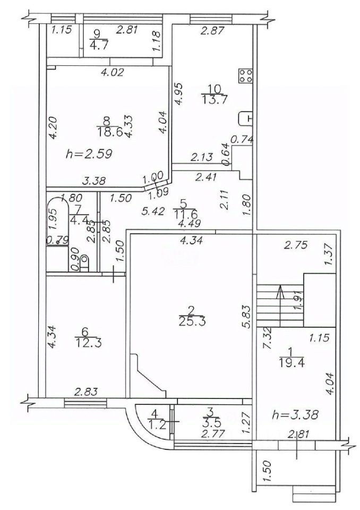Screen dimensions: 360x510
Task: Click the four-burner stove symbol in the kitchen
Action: click(x=245, y=76)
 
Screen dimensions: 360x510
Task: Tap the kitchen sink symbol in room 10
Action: click(x=245, y=118)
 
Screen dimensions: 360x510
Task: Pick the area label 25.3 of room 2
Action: click(x=192, y=322)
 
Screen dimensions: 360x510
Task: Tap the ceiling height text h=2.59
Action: click(x=89, y=154)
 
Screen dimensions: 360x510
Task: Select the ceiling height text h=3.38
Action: click(x=295, y=414)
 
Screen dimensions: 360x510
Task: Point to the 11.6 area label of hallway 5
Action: click(x=184, y=215)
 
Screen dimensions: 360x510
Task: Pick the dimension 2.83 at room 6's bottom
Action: click(x=86, y=392)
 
